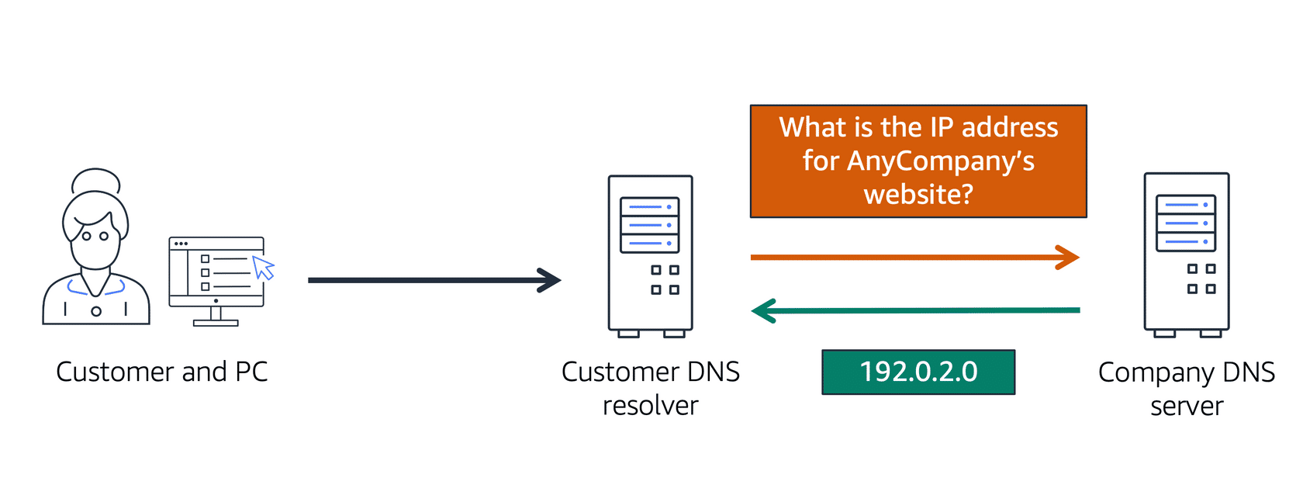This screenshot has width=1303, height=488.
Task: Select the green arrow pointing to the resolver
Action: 915,310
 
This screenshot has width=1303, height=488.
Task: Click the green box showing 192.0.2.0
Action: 918,372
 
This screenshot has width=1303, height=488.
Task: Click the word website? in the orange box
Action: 918,194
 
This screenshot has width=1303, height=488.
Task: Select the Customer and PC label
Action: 161,372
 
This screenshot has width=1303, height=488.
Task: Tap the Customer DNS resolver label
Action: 650,388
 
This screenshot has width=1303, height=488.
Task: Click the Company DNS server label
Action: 1186,389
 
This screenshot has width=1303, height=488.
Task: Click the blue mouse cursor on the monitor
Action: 264,268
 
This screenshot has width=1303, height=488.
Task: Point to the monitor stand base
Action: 216,322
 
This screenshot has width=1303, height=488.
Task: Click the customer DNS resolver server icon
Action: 650,256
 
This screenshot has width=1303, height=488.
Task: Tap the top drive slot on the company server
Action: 1186,205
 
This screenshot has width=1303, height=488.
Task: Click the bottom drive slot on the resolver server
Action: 650,244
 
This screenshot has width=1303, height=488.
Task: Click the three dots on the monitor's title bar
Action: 181,244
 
